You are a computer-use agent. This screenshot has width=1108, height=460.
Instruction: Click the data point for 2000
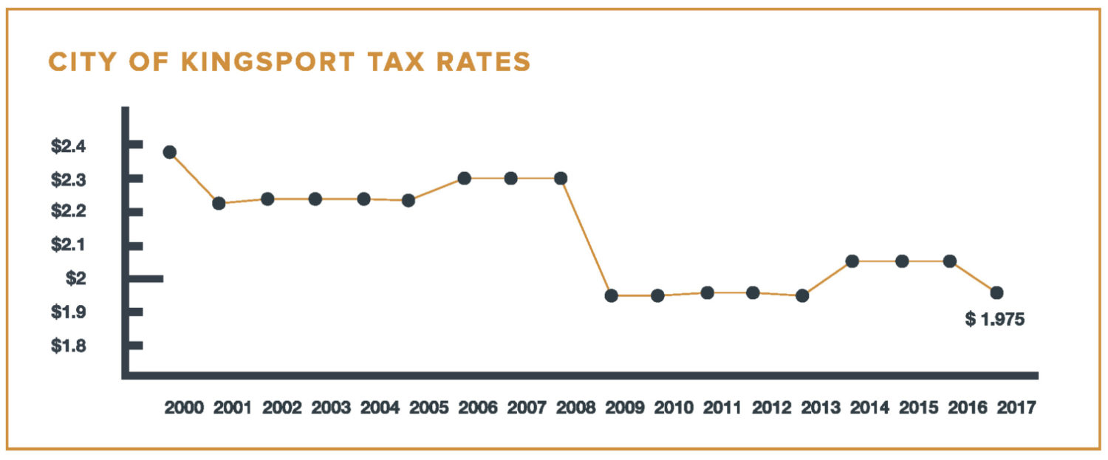[169, 152]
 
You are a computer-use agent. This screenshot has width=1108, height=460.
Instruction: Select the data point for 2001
[219, 203]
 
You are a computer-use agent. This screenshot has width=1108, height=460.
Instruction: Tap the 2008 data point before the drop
[561, 178]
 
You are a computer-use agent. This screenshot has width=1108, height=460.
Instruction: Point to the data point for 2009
[611, 295]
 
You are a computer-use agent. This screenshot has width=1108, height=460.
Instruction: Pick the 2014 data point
[852, 261]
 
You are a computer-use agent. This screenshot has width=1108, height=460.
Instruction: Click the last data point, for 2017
[996, 292]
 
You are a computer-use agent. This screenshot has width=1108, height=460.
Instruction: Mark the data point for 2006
[464, 178]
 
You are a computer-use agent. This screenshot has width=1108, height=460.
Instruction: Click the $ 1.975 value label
[994, 320]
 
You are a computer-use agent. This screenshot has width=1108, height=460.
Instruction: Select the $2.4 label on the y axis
[68, 147]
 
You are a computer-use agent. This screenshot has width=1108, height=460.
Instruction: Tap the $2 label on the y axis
[75, 278]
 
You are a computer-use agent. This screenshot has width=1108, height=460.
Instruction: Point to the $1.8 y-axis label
[68, 346]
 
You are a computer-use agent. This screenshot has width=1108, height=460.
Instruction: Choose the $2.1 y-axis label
[68, 245]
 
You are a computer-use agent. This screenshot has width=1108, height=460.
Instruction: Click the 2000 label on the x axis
[184, 407]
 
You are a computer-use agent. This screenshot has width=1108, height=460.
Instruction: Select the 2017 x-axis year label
[1016, 407]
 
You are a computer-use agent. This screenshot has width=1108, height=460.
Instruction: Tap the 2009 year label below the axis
[624, 407]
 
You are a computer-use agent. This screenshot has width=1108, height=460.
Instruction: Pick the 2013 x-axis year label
[820, 407]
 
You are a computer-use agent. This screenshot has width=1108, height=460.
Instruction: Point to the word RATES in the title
[484, 63]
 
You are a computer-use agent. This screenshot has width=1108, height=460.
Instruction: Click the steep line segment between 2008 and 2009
[586, 236]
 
